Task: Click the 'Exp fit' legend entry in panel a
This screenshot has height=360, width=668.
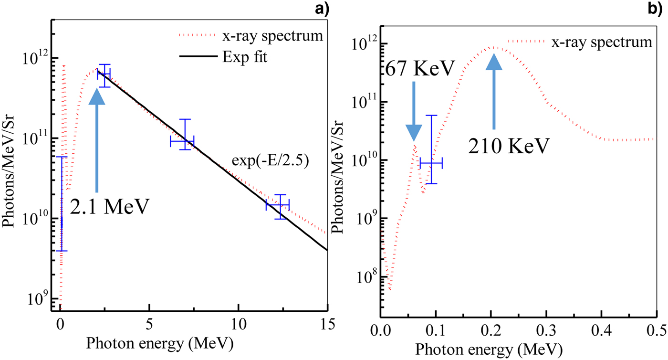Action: [246, 57]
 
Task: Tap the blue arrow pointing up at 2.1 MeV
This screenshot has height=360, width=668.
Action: [97, 138]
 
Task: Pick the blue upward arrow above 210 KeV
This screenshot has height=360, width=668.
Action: [494, 91]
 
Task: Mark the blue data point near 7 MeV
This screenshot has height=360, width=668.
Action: [182, 141]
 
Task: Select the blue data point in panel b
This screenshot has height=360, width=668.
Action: [431, 163]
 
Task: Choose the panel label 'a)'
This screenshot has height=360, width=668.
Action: [319, 8]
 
